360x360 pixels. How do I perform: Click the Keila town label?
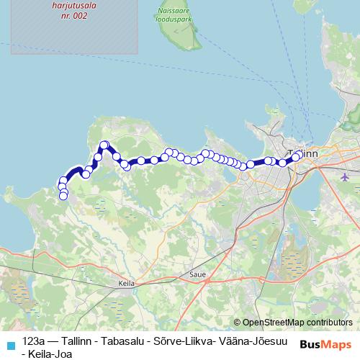(x=124, y=284)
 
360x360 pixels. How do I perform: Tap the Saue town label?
(x=197, y=274)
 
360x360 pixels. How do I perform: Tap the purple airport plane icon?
(x=346, y=176)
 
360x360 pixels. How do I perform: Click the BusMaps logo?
(x=325, y=344)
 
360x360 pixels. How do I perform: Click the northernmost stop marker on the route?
(x=104, y=145)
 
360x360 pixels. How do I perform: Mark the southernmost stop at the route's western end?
(x=63, y=195)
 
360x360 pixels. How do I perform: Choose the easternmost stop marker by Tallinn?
(x=299, y=156)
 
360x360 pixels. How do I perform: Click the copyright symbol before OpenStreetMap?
(x=237, y=323)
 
